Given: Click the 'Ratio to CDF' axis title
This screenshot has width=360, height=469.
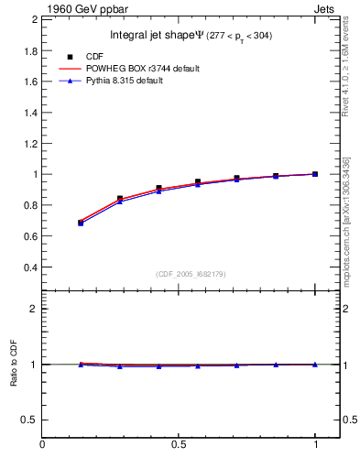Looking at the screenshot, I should coord(14,365).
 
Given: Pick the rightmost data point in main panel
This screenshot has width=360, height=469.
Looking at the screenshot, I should coord(315,174).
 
